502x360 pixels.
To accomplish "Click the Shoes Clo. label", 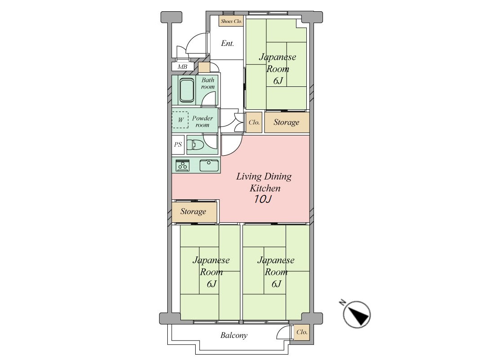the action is coord(231,22).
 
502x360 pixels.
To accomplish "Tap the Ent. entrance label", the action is coord(227,43).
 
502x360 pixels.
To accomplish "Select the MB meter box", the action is coord(183,67).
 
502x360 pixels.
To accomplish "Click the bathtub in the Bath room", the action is coord(187,90).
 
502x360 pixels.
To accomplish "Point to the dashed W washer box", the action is coord(180,120).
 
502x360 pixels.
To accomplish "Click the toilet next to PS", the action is coord(195,145).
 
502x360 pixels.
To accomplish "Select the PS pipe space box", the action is coord(178,144).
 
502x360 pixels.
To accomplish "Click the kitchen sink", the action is coord(209,166).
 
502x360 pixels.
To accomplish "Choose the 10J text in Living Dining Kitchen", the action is coord(263,199).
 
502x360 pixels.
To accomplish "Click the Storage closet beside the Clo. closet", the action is coord(287,122).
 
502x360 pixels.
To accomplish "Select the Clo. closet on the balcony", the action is coord(302,332).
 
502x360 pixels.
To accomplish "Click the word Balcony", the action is coord(234,335).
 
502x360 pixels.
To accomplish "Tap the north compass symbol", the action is coord(357,314).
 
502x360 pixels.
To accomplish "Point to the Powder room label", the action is coord(202,121).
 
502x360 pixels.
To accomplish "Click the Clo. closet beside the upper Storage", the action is coord(254,122).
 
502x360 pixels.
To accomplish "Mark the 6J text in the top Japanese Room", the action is coord(278,81).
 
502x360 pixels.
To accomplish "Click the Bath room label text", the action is coord(208,83).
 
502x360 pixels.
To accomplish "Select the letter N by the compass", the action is coord(342,302).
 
